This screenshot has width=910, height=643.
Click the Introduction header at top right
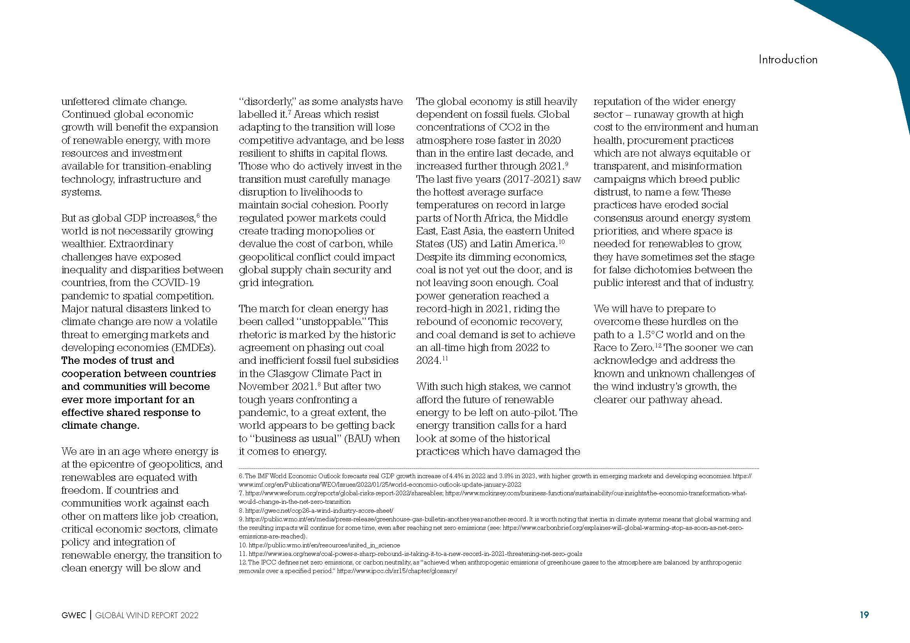(x=788, y=59)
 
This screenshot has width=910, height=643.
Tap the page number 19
(x=864, y=615)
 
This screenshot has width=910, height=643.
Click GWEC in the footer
(x=74, y=615)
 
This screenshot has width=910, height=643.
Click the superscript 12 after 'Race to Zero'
(x=658, y=345)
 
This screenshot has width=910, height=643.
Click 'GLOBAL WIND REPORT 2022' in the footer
(x=147, y=615)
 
